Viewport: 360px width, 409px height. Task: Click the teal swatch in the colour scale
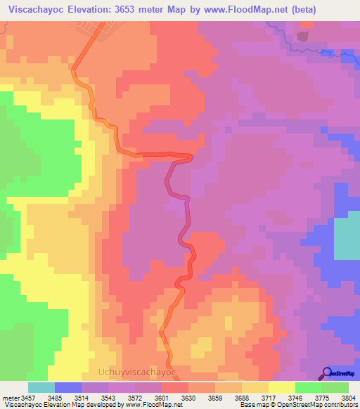[41, 387]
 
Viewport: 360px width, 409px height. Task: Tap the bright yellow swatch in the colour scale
[281, 387]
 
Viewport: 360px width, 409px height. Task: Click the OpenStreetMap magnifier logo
[328, 372]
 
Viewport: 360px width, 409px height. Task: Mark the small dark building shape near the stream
[303, 35]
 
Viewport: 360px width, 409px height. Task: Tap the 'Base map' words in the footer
[251, 404]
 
